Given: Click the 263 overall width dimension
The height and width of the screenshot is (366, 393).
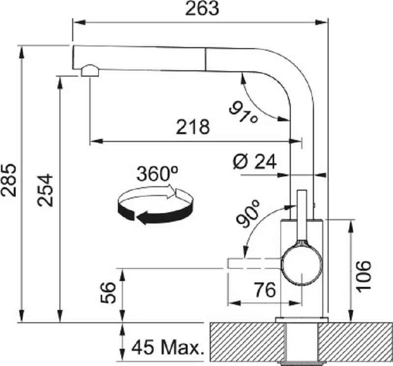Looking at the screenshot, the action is tap(202, 9).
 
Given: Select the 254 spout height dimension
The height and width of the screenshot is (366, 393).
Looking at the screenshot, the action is tap(45, 191).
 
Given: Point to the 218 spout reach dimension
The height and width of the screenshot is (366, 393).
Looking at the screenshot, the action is tap(193, 127).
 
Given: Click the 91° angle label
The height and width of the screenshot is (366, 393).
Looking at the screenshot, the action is tap(244, 112).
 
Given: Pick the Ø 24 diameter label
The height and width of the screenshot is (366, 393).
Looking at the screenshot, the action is tap(254, 162).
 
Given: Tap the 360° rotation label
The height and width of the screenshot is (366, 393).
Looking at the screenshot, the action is tap(157, 173).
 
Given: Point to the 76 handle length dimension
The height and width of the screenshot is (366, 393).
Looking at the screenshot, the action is tap(264, 289).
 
